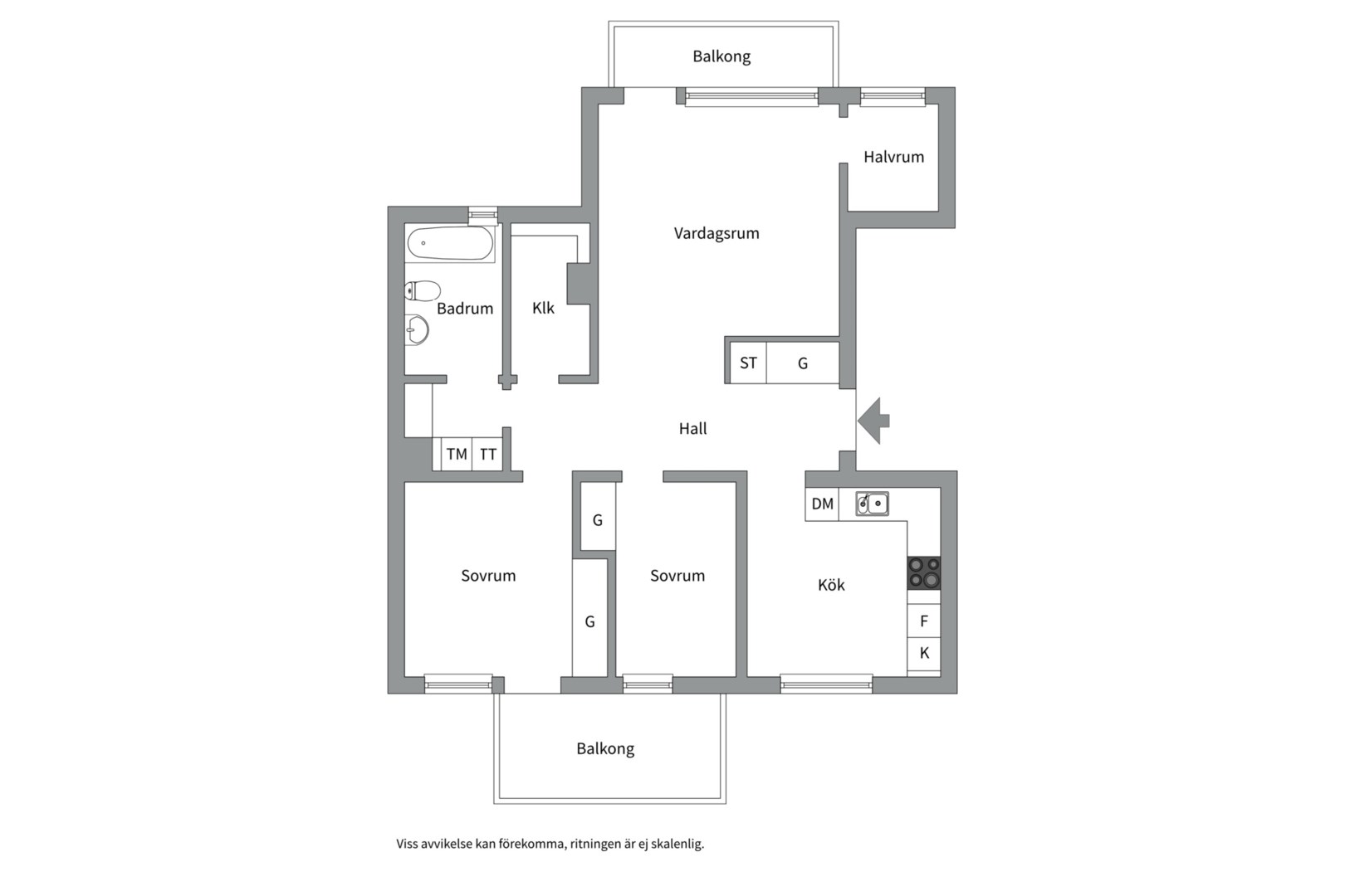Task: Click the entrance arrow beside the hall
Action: [x=873, y=421]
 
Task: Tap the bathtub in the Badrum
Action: [x=450, y=244]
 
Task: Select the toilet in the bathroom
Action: [x=423, y=291]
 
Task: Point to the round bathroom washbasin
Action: [x=417, y=329]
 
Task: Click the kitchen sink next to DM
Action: [x=873, y=504]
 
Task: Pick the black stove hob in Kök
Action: [x=923, y=573]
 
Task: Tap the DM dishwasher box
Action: [x=822, y=504]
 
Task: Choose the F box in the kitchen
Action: [x=923, y=621]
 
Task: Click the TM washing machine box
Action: [x=457, y=455]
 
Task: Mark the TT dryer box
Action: [x=487, y=455]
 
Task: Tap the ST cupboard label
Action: [x=748, y=363]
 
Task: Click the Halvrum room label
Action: [x=893, y=158]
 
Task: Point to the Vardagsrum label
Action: [x=717, y=233]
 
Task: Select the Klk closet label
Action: [x=543, y=309]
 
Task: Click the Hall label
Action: [x=692, y=428]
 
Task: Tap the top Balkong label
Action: [x=721, y=56]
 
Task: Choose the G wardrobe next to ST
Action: [x=803, y=363]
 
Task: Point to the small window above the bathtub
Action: [x=482, y=214]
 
